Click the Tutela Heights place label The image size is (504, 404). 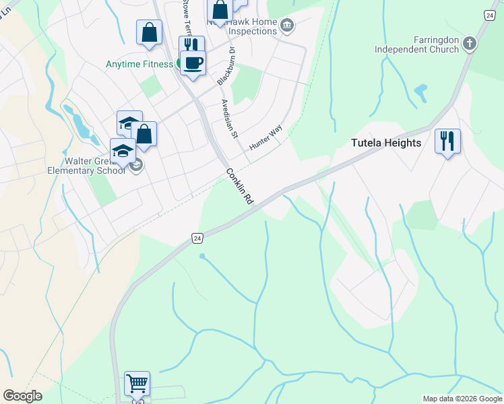[x=386, y=143]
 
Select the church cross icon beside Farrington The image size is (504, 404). [x=470, y=44]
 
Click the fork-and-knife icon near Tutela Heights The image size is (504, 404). [x=447, y=141]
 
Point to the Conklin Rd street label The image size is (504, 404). [x=239, y=187]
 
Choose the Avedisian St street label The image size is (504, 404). [x=230, y=120]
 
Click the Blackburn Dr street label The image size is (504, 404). [x=226, y=66]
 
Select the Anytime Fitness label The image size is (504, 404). [x=139, y=65]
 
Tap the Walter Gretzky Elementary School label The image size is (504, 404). [x=95, y=166]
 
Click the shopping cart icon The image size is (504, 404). [x=137, y=384]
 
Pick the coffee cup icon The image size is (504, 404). [x=193, y=63]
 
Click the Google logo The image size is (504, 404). [x=22, y=396]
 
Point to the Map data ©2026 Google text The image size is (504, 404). [x=462, y=399]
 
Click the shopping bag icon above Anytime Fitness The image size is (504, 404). [x=150, y=32]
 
